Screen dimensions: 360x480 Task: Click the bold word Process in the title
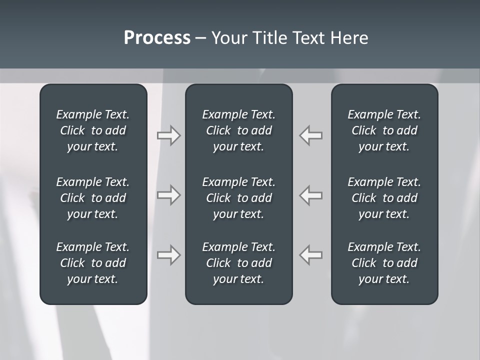pos(157,38)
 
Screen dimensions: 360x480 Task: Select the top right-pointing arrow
pos(168,135)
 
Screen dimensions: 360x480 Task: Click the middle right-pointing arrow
pos(168,195)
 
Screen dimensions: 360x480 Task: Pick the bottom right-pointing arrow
pos(168,255)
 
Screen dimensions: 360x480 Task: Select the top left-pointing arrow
pos(311,135)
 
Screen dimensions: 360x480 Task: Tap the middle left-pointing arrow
pos(311,195)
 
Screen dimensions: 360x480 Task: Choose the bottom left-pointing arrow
pos(311,255)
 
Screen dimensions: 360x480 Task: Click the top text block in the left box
pos(93,130)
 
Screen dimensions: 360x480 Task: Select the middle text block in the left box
pos(93,198)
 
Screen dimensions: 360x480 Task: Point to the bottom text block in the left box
pos(93,263)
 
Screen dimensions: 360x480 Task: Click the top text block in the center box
pos(238,130)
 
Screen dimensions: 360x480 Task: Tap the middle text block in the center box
pos(238,198)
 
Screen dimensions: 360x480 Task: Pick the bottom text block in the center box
pos(238,263)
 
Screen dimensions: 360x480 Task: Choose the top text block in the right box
pos(384,130)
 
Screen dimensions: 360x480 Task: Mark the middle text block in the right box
pos(384,198)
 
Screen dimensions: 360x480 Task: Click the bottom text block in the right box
pos(384,263)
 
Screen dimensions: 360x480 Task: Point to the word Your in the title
pos(227,38)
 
